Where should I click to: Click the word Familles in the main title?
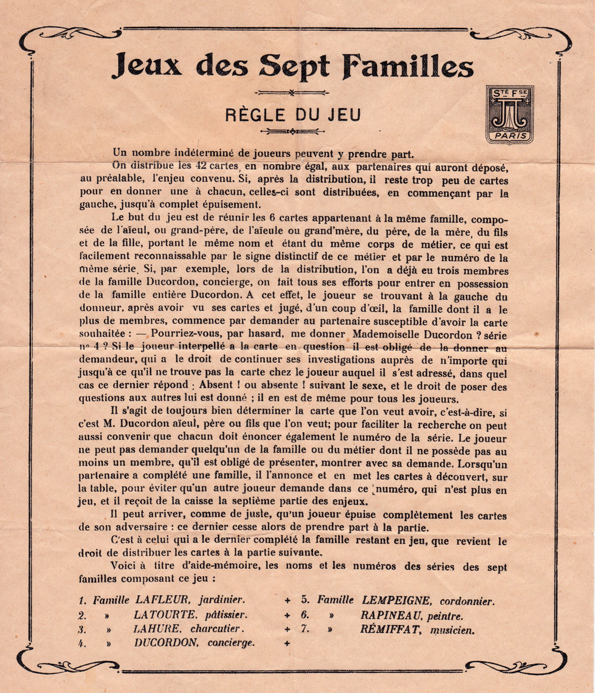[x=408, y=66]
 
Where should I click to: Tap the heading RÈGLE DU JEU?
[x=293, y=115]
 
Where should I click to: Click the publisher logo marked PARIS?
[x=509, y=115]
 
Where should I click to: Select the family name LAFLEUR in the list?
[x=162, y=600]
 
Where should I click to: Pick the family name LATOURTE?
[x=164, y=615]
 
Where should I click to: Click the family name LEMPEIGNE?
[x=396, y=600]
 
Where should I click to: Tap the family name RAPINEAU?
[x=391, y=616]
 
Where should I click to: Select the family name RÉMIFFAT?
[x=391, y=630]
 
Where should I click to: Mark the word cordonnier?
[x=467, y=601]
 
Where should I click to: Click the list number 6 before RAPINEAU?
[x=305, y=615]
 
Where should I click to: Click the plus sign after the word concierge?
[x=287, y=643]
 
